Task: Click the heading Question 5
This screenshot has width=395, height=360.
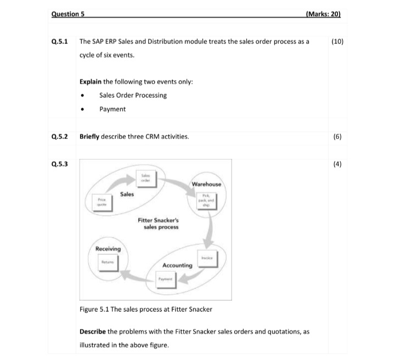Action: [67, 15]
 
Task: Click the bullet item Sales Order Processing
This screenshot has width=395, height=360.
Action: [133, 95]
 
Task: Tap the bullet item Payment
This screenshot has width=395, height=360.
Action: [112, 109]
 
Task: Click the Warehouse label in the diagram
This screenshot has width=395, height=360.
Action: [207, 184]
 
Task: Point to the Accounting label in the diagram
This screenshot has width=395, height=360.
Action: [177, 265]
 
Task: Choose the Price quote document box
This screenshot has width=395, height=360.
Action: [101, 203]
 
